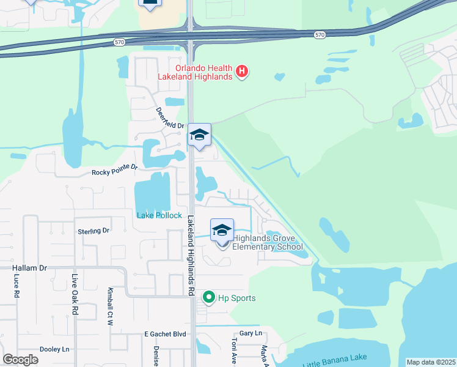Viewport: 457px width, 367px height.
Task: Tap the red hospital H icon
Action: coord(243,72)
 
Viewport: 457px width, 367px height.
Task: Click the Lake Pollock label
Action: coord(159,215)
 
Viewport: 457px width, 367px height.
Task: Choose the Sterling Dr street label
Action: coord(93,231)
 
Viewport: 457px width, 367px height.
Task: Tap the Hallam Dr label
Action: coord(29,268)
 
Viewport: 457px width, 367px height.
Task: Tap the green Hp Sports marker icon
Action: coord(209,298)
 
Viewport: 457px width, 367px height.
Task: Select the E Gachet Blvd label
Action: coord(164,334)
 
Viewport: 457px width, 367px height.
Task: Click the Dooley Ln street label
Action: coord(54,349)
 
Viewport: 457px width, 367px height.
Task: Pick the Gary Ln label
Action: coord(250,333)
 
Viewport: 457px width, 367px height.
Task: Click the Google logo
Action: coord(20,360)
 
